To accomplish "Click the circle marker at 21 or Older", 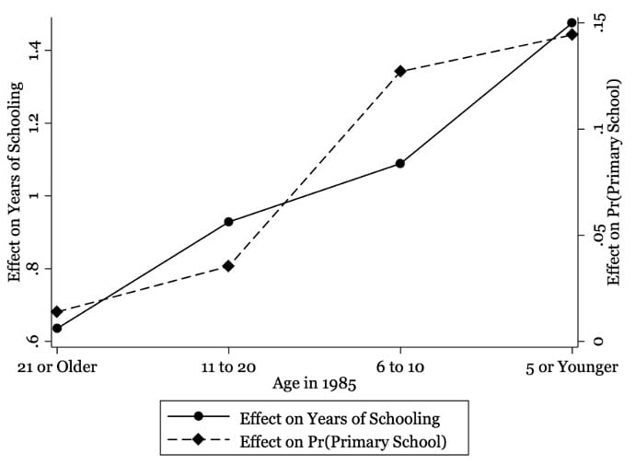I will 57,328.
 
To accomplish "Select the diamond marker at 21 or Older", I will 57,312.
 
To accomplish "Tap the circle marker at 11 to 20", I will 228,222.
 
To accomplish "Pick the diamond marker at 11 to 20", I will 228,266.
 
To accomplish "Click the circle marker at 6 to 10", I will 400,163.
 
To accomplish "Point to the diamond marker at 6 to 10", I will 400,71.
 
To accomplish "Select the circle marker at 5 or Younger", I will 571,23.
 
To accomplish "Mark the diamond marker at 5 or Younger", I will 571,35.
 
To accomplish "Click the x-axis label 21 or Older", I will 57,367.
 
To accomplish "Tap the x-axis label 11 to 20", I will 228,367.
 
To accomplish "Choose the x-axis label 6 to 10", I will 400,367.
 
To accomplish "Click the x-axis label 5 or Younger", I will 571,367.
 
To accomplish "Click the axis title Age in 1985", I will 313,385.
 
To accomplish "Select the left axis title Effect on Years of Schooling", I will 15,180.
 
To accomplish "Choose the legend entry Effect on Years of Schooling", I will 339,419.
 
